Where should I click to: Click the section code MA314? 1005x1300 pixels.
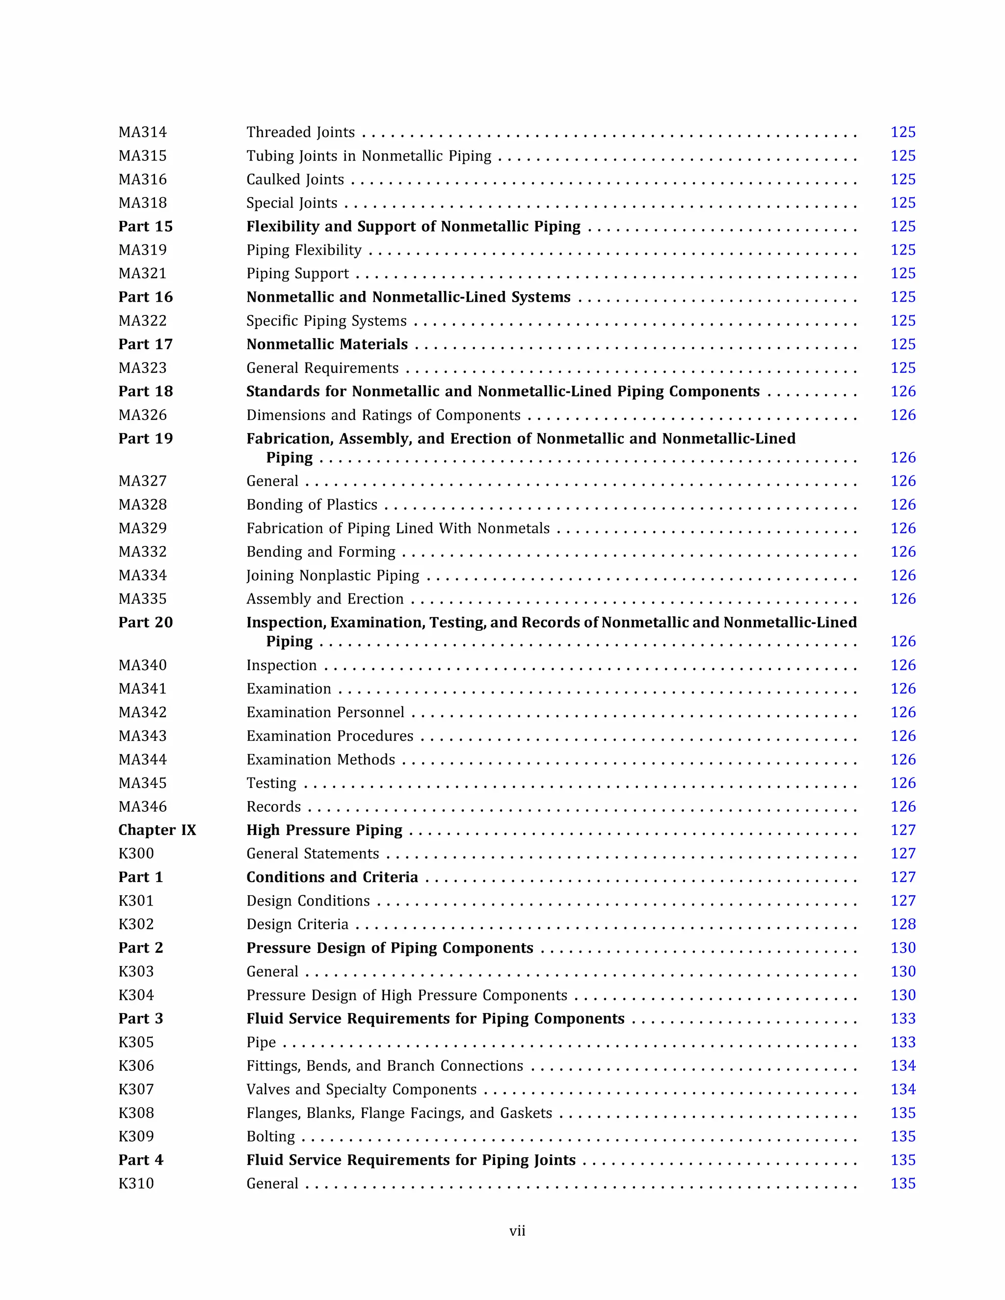pos(142,132)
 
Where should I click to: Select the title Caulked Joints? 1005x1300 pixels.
pos(295,180)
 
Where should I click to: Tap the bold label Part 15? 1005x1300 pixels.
pos(145,227)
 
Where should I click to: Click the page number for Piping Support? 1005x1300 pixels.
pos(902,274)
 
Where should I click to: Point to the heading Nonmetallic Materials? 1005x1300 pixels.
pos(327,345)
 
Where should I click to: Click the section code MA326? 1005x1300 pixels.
pos(142,416)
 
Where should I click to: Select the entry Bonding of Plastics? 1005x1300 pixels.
pos(312,505)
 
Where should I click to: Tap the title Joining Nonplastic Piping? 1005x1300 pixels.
pos(332,575)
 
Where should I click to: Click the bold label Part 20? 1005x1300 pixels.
pos(145,623)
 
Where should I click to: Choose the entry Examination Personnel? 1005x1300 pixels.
pos(325,712)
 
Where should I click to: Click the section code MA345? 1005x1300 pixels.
pos(142,783)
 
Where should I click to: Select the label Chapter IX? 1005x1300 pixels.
pos(157,831)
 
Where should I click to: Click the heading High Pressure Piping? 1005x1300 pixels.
pos(324,831)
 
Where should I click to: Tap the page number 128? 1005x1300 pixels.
pos(902,924)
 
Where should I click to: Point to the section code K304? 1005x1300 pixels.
pos(136,995)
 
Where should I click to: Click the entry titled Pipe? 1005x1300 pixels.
pos(261,1042)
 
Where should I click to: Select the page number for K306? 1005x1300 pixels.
pos(902,1066)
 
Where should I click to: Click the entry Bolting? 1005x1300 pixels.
pos(270,1137)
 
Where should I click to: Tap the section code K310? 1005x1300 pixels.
pos(136,1184)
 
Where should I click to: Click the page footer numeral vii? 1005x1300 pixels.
pos(517,1231)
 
